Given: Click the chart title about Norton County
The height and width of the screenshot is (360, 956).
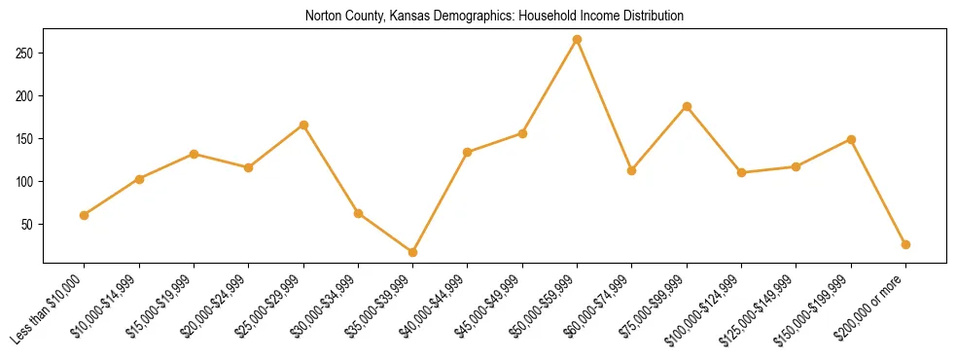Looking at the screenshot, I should click(x=494, y=16).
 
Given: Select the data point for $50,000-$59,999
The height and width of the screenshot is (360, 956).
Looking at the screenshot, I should click(x=578, y=40).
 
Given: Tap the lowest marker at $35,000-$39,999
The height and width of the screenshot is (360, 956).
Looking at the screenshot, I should click(x=413, y=252).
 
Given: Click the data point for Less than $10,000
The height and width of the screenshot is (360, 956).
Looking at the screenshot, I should click(x=85, y=215).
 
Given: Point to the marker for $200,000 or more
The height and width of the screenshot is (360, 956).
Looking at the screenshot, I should click(x=906, y=244).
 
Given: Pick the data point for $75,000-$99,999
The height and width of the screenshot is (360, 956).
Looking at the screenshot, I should click(x=688, y=106).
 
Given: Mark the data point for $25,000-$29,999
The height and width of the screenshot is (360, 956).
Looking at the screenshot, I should click(x=304, y=125).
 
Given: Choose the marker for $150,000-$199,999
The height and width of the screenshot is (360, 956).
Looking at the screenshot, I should click(x=852, y=139).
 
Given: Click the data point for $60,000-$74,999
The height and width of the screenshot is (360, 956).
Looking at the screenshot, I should click(x=632, y=170).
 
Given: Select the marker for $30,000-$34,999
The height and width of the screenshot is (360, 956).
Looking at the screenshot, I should click(x=359, y=213).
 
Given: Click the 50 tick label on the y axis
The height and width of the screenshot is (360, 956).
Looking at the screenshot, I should click(x=31, y=224).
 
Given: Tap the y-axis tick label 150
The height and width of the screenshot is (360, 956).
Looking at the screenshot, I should click(x=28, y=138).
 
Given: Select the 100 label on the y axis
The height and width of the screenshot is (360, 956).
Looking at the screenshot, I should click(x=28, y=181).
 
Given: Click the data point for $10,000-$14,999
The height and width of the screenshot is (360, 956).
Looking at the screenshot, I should click(x=140, y=179).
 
